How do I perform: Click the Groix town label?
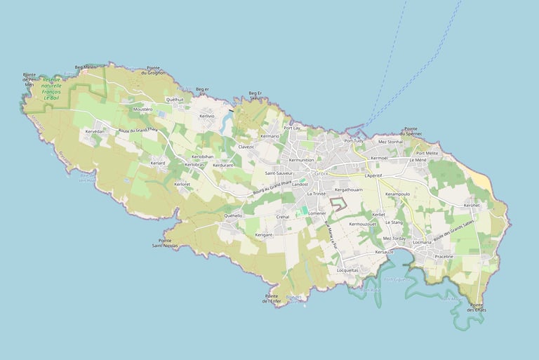pos(322,173)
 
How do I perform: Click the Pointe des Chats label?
pos(477,307)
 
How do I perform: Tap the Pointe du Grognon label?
pos(153,70)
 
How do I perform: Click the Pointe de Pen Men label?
pos(29,79)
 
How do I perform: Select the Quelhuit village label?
pos(175,100)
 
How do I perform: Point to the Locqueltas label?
pos(347,270)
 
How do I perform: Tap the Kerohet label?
pos(471,205)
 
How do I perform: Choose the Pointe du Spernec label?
pos(411,131)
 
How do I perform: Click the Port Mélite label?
pos(427,152)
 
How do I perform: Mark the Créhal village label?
pos(283,217)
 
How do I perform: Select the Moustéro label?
pos(142,109)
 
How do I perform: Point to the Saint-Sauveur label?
pos(279,173)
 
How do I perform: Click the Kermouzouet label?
pos(363,224)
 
